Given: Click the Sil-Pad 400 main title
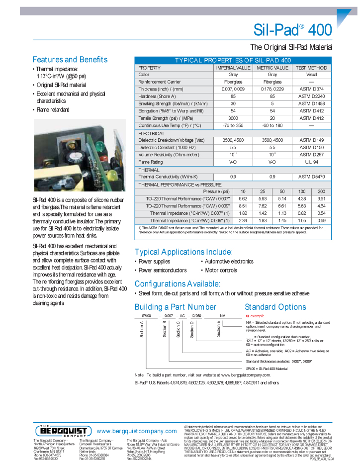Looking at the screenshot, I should click(x=292, y=30).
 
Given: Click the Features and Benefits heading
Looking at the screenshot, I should click(x=70, y=60).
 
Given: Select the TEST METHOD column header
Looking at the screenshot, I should click(x=311, y=68).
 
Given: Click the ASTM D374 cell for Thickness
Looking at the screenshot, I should click(x=311, y=89).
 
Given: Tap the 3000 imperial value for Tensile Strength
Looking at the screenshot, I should click(x=233, y=118).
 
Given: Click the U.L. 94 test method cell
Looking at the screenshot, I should click(x=311, y=162).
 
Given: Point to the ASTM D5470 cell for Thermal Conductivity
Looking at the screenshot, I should click(x=311, y=177).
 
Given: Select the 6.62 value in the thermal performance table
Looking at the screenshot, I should click(x=243, y=199).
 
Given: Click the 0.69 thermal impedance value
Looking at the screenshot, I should click(x=321, y=220).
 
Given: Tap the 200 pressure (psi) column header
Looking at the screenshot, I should click(x=321, y=191).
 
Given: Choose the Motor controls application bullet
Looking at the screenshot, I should click(x=221, y=271).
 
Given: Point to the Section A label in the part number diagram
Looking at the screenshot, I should click(x=142, y=330).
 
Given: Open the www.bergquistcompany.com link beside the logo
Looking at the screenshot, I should click(x=137, y=431).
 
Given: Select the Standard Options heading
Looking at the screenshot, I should click(x=275, y=307).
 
